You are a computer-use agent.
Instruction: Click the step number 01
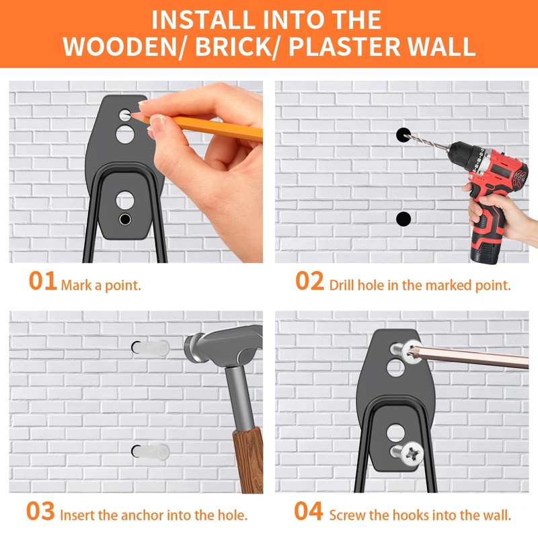[x=43, y=281]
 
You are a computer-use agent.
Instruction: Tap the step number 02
[x=309, y=281]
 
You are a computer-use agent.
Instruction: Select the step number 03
[x=40, y=511]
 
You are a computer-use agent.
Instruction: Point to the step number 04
[x=309, y=511]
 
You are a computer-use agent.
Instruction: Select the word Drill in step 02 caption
[x=342, y=285]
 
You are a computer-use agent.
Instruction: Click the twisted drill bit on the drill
[x=426, y=142]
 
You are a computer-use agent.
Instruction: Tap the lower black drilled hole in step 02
[x=403, y=219]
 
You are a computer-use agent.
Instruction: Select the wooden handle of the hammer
[x=249, y=460]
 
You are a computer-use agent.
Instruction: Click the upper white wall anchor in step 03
[x=151, y=348]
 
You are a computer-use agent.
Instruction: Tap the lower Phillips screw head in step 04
[x=412, y=453]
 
